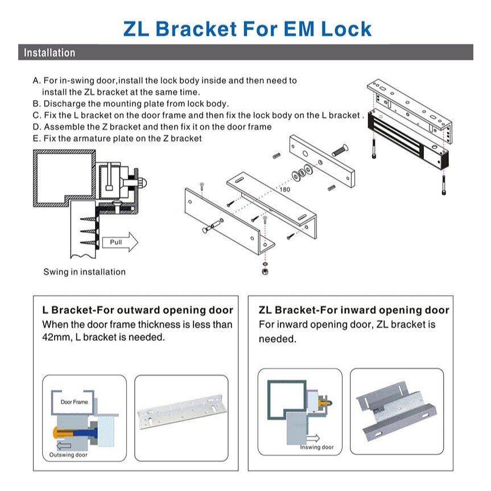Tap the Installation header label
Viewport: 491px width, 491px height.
click(x=49, y=53)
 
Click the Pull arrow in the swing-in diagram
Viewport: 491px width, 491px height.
click(x=120, y=242)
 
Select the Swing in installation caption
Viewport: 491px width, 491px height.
click(x=84, y=272)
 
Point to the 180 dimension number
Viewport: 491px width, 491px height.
click(x=284, y=189)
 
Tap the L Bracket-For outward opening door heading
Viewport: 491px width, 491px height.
click(x=138, y=310)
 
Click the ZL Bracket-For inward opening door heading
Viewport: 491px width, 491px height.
click(x=353, y=310)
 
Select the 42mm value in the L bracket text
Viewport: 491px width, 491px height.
click(x=54, y=337)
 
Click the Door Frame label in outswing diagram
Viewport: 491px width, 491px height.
click(x=75, y=402)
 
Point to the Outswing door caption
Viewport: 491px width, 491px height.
click(x=68, y=455)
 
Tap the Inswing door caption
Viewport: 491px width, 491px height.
click(x=317, y=447)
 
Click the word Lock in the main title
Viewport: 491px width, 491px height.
click(x=345, y=28)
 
